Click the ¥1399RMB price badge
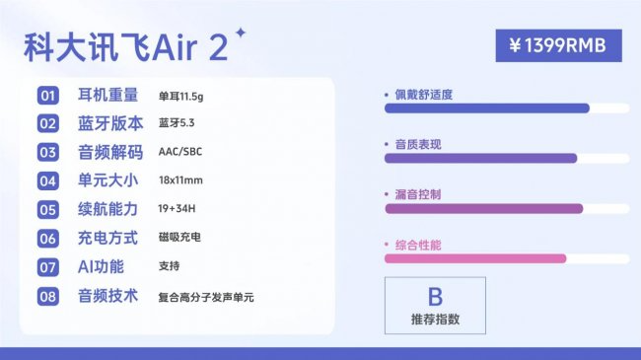pos(558,44)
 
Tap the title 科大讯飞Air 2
pos(125,46)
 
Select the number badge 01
pos(48,96)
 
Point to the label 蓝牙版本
pos(110,124)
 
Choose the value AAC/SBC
pos(179,153)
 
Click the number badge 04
pos(48,181)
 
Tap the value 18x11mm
pos(181,181)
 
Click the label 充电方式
pos(110,239)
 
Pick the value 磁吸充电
pos(178,239)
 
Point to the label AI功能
pos(101,267)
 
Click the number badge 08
pos(48,296)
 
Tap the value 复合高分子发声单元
pos(206,296)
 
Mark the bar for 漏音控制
pos(484,208)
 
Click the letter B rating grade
pos(435,296)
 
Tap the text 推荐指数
pos(435,320)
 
